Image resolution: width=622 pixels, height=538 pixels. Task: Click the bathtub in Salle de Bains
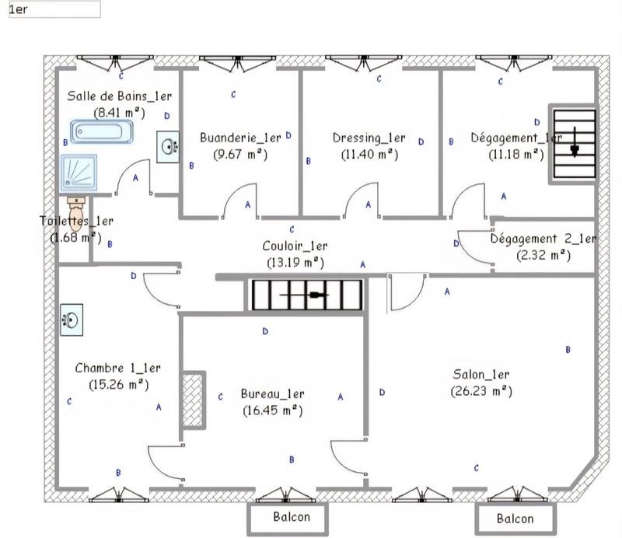click(x=102, y=131)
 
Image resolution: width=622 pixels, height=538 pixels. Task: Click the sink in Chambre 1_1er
click(x=71, y=319)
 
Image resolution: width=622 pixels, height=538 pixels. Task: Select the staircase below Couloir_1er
click(x=307, y=295)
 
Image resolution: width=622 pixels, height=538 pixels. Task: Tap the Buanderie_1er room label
click(x=239, y=138)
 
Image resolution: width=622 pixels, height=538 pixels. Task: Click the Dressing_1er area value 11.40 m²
click(x=369, y=154)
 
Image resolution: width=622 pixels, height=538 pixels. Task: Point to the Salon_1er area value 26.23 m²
click(x=480, y=390)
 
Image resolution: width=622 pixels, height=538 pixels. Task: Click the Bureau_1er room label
click(x=272, y=394)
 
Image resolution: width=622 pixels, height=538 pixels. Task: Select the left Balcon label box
click(x=292, y=517)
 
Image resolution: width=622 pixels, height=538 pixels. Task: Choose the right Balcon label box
click(x=515, y=519)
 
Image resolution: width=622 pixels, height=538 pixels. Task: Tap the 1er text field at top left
click(x=54, y=9)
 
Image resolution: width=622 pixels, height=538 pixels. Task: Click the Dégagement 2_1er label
click(x=543, y=239)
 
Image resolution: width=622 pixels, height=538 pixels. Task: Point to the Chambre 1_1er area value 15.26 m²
click(x=119, y=383)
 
